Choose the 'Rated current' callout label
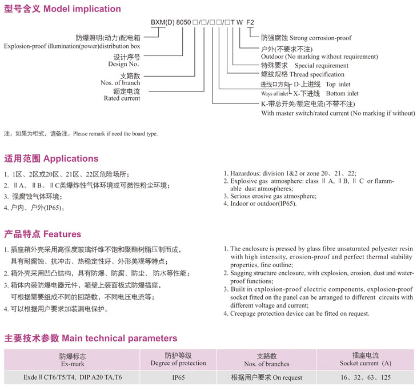[x=122, y=98]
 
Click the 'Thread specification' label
[x=317, y=74]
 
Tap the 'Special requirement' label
[x=322, y=66]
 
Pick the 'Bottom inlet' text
[x=342, y=93]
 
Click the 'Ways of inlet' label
[x=275, y=93]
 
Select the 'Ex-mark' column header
[x=73, y=363]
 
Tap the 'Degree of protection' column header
[x=178, y=363]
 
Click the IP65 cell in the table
[x=178, y=378]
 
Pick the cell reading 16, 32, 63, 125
[x=366, y=378]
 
